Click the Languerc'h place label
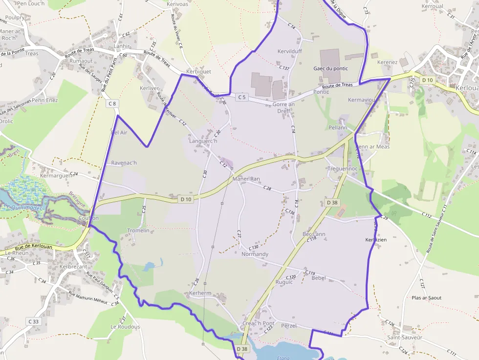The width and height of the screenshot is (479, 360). [203, 141]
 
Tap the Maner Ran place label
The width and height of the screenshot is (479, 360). [246, 179]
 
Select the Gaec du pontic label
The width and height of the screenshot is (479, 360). [331, 68]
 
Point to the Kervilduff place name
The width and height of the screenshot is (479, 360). [290, 51]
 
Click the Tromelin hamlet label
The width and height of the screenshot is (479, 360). [138, 230]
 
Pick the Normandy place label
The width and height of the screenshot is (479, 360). [255, 254]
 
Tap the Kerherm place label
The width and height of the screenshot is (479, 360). [200, 293]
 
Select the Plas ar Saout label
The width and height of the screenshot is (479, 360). [426, 297]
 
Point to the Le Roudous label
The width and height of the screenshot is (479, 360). [125, 327]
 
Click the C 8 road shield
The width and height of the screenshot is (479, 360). [112, 104]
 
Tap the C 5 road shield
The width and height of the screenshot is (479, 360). [242, 97]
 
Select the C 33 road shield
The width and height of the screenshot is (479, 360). [33, 321]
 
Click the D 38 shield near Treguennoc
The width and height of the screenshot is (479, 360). [331, 203]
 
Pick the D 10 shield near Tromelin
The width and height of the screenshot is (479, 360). [186, 199]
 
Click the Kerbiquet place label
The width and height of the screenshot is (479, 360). [198, 71]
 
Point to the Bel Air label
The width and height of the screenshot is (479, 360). [119, 132]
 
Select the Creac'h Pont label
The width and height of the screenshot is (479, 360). [258, 323]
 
